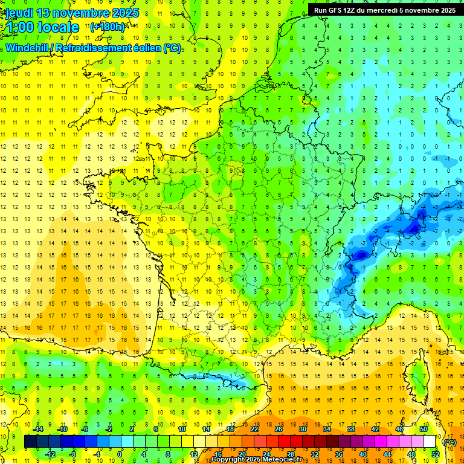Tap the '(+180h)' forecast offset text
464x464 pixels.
[108, 27]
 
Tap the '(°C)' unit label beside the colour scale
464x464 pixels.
[449, 442]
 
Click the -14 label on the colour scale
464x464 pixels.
[39, 428]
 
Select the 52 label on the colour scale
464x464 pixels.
[436, 454]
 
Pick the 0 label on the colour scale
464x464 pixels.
[120, 454]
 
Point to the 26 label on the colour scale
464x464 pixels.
[278, 428]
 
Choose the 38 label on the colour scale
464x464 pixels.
[350, 428]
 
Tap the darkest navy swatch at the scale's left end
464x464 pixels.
[30, 442]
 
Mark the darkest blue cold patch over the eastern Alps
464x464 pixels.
[414, 228]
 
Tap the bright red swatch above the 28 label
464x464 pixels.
[291, 442]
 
